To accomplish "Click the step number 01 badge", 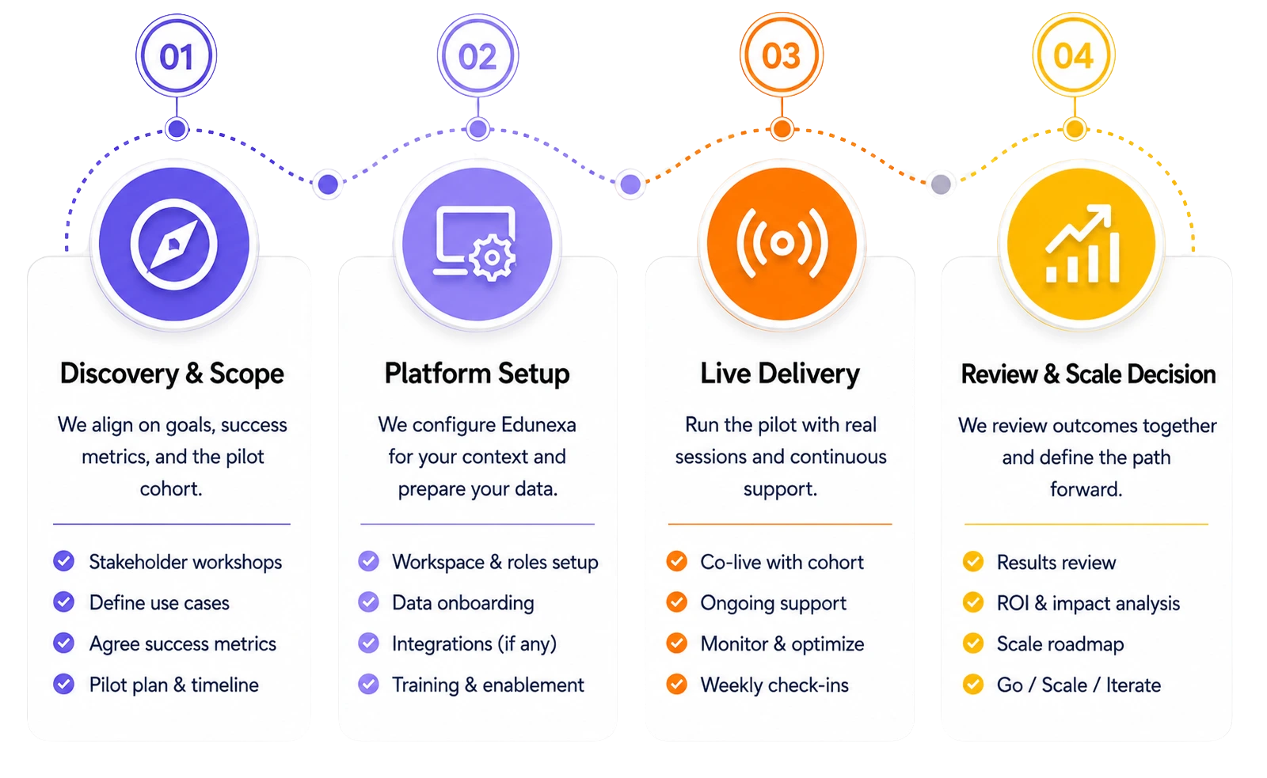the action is (177, 55).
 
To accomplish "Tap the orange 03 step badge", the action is (782, 55).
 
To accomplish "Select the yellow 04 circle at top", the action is (1074, 55).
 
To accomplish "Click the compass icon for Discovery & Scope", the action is (173, 245).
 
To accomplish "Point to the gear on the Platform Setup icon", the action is (492, 258).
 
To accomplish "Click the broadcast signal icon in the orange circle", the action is (782, 244).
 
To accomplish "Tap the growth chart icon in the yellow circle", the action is (1082, 245).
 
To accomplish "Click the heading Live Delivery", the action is (780, 374).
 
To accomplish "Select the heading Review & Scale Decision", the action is (1088, 374).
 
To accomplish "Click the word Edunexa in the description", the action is (538, 425).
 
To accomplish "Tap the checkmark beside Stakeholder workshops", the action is (64, 561).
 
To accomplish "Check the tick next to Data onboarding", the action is (369, 602).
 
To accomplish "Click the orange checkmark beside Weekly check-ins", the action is (676, 684).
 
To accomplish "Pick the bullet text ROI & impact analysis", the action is (1088, 603).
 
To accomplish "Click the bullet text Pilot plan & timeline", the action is (174, 685).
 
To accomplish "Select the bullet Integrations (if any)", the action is (474, 644).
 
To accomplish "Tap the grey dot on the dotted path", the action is (941, 184).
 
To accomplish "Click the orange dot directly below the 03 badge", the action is (782, 129).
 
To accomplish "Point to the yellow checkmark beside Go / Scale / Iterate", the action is (973, 684).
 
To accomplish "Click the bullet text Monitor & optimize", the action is (782, 644).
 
